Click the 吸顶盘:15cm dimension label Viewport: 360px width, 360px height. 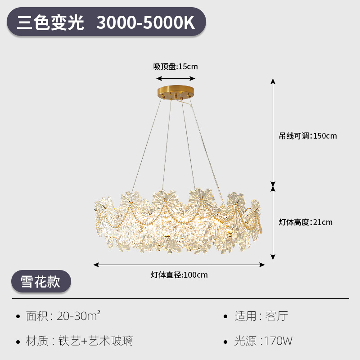[175, 67]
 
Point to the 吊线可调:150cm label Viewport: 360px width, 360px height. [308, 135]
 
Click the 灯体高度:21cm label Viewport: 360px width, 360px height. [306, 222]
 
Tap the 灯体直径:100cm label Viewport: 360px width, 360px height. [179, 274]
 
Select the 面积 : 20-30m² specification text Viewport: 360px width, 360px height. [63, 316]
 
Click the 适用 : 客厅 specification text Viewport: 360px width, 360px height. [261, 316]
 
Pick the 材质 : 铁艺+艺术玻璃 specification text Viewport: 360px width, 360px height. [79, 341]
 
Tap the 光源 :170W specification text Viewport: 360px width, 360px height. [263, 341]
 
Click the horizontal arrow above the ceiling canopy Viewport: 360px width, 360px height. [175, 77]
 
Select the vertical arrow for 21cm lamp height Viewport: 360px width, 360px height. [273, 222]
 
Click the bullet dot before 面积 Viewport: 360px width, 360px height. [18, 316]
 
